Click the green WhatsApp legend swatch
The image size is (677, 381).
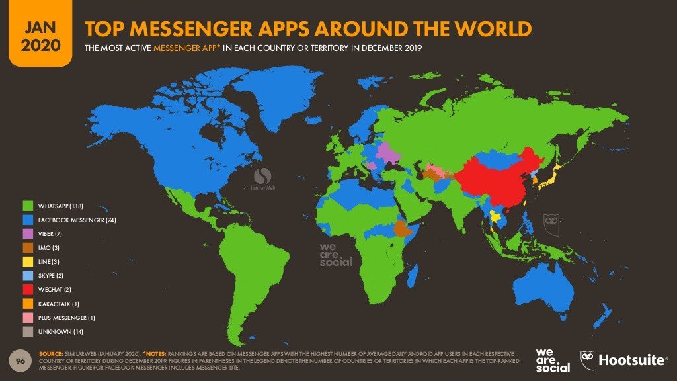28,205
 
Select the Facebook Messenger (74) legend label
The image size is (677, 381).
77,219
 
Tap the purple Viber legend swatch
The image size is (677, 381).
28,233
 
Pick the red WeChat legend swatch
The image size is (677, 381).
28,289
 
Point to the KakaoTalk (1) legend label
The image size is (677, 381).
59,303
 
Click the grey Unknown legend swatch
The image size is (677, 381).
28,331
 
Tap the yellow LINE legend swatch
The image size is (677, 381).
28,261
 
